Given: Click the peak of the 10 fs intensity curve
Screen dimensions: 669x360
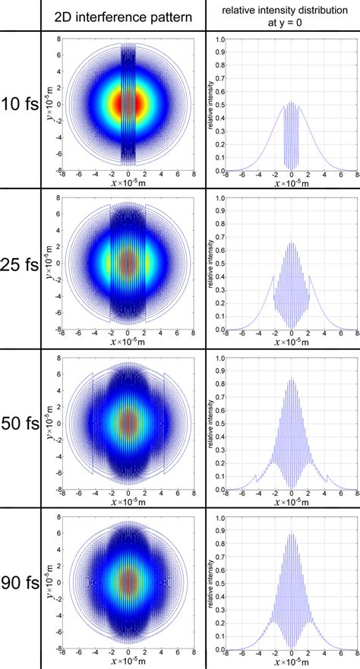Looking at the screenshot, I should pyautogui.click(x=292, y=103).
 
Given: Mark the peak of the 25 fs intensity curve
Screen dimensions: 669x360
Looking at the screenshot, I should pyautogui.click(x=292, y=241).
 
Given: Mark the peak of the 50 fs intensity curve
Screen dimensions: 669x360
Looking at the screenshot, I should pyautogui.click(x=292, y=377).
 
